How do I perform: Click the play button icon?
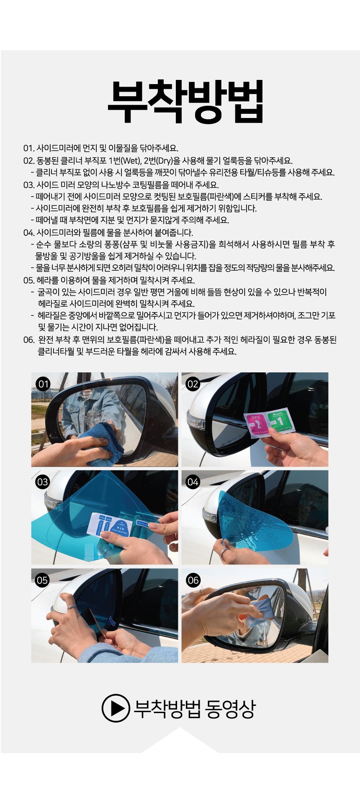[116, 708]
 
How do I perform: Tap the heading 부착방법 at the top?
[185, 101]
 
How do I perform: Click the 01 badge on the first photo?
[44, 384]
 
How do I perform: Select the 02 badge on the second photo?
[193, 384]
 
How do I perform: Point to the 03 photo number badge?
[43, 482]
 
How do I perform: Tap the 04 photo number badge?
[193, 482]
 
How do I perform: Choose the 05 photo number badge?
[42, 580]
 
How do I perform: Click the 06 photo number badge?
[193, 580]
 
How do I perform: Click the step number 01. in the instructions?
[29, 148]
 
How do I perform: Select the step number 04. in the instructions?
[29, 233]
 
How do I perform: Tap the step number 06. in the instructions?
[29, 340]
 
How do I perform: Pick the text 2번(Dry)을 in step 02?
[162, 161]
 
